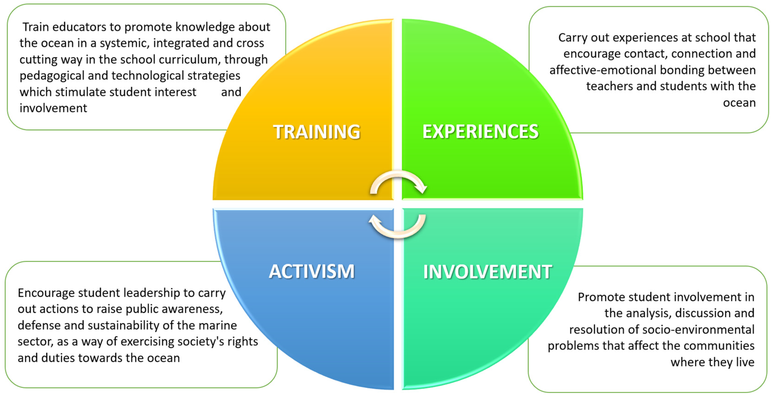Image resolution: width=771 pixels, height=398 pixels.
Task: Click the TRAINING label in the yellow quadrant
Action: coord(317,132)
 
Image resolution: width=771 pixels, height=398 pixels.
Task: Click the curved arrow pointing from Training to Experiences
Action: coord(398,181)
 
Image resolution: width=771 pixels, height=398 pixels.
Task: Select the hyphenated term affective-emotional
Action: coord(603,70)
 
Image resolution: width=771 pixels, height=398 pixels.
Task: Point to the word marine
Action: coord(218,326)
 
